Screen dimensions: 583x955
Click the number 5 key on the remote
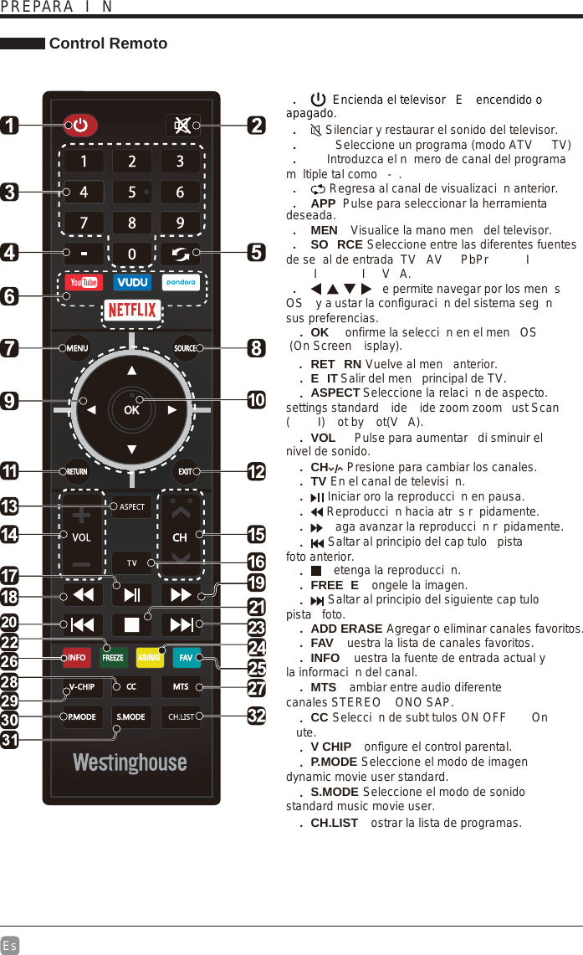tap(132, 193)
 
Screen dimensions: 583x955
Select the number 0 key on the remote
tap(132, 253)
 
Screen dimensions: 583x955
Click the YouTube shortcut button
tap(84, 283)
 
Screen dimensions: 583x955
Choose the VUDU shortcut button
tap(132, 283)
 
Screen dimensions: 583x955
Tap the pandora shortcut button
tap(181, 283)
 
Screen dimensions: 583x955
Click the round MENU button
tap(78, 348)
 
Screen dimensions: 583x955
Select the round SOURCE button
tap(186, 348)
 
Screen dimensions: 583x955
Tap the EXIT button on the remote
tap(186, 471)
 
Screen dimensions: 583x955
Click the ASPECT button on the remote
tap(132, 506)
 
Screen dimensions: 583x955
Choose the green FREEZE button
tap(112, 658)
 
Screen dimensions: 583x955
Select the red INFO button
tap(78, 658)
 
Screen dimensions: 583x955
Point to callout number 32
tap(257, 716)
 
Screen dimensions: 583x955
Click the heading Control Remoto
tap(108, 44)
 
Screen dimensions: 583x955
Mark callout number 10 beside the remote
tap(257, 400)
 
